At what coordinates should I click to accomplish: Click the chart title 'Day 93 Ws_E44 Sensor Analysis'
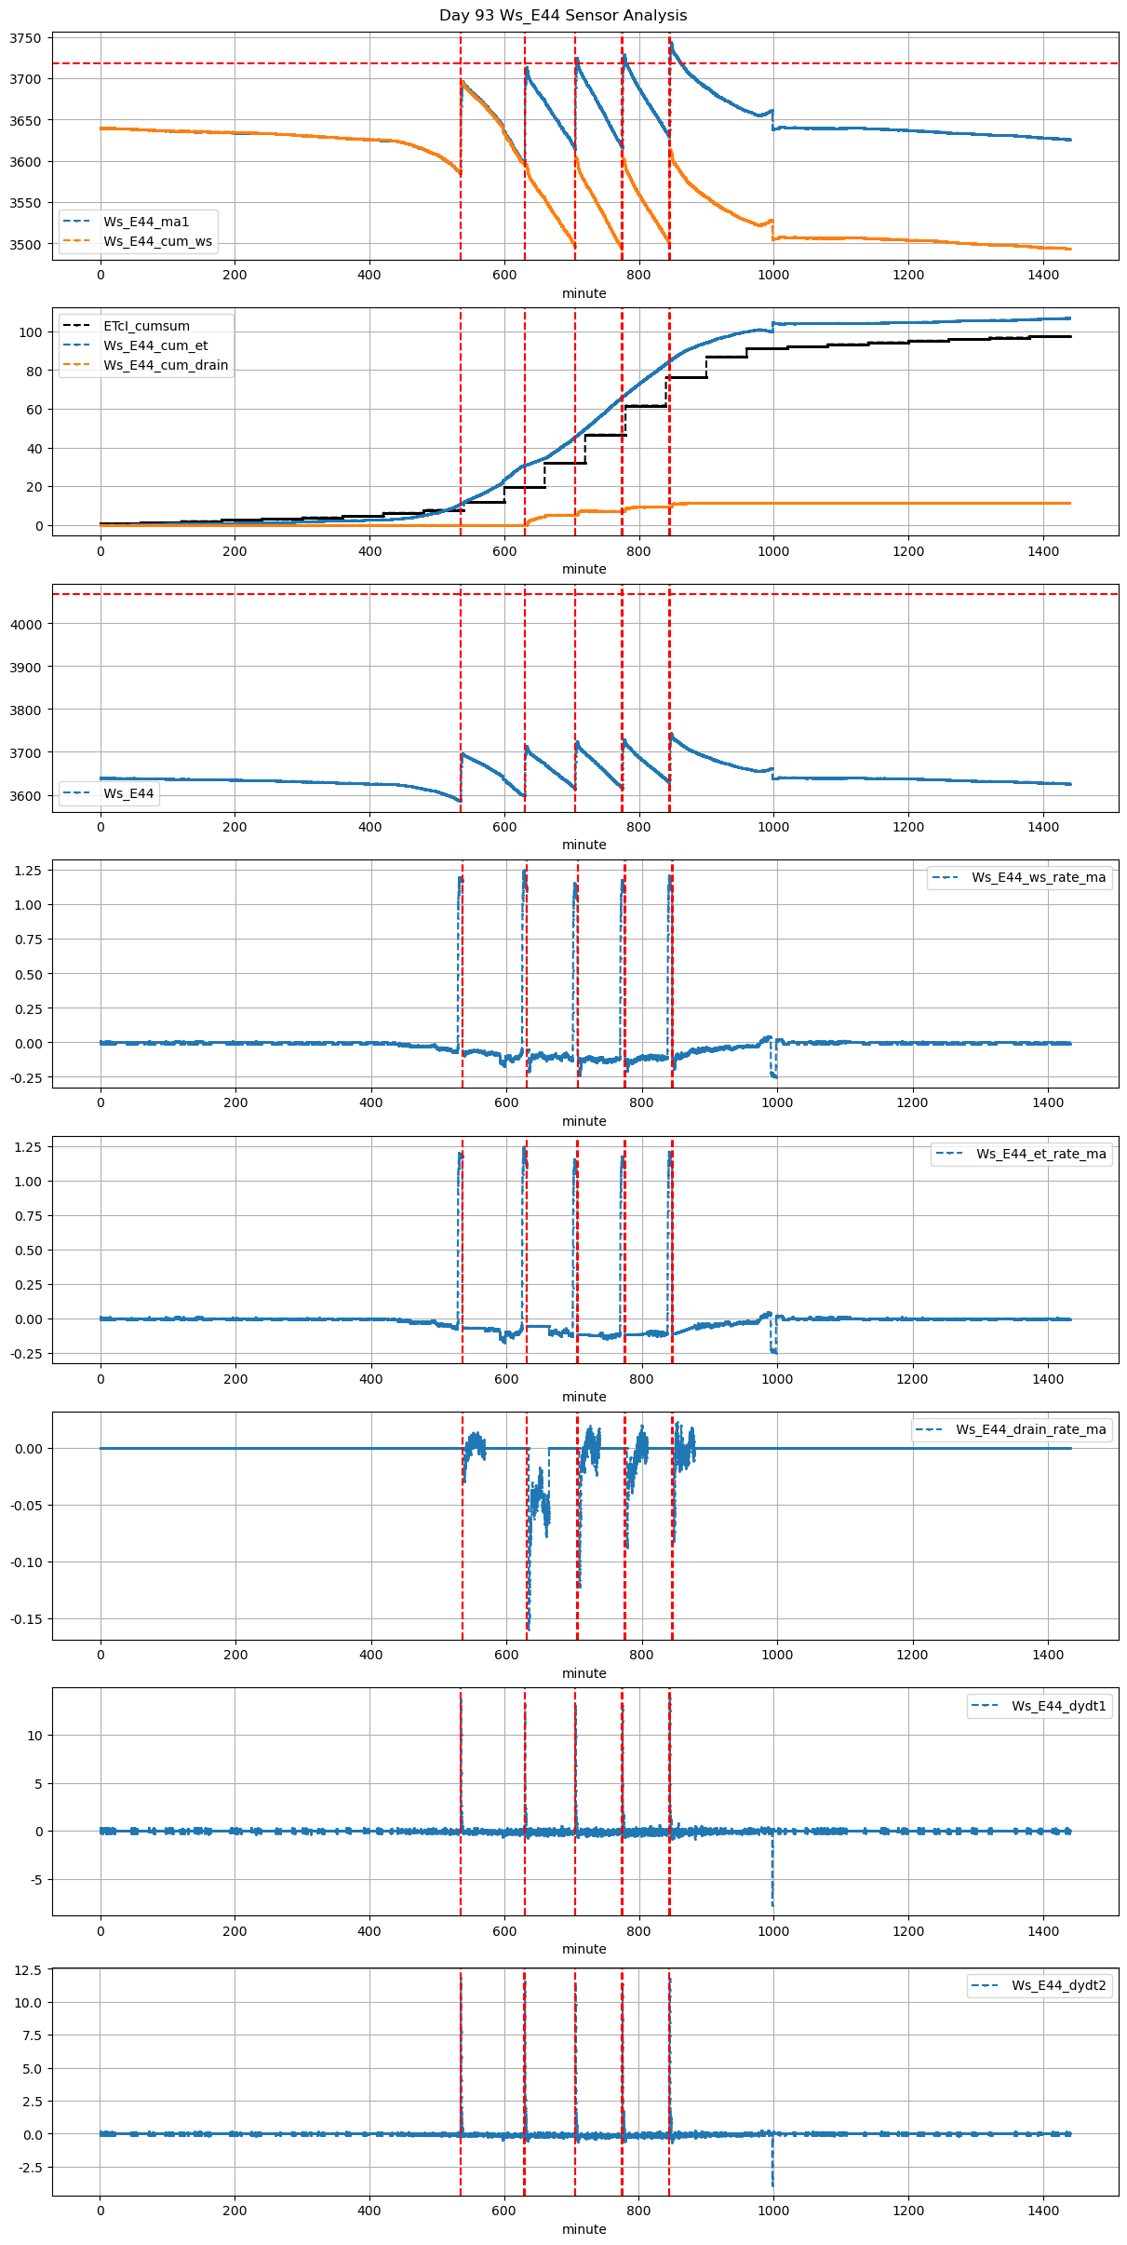563,16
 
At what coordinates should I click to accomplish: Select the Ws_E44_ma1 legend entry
146,222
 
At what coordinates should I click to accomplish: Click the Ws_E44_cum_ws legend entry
157,241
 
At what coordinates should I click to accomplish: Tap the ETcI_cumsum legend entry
146,326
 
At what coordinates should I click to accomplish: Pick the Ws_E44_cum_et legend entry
155,345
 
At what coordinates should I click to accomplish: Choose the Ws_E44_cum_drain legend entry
166,365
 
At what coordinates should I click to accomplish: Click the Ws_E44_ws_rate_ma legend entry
1039,877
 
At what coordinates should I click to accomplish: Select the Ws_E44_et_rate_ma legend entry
1040,1154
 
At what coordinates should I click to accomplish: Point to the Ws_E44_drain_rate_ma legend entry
1030,1429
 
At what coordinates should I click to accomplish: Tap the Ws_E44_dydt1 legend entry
1059,1706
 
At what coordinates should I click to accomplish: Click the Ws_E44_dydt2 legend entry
1059,1985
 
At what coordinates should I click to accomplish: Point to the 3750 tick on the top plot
26,38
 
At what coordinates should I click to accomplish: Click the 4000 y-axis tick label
26,624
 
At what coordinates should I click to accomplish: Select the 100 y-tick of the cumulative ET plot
32,332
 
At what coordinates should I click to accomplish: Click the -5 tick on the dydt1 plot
35,1880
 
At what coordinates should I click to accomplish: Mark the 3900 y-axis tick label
26,667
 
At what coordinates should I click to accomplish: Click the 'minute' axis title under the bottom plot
584,2229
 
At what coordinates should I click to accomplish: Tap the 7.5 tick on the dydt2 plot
32,2035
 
